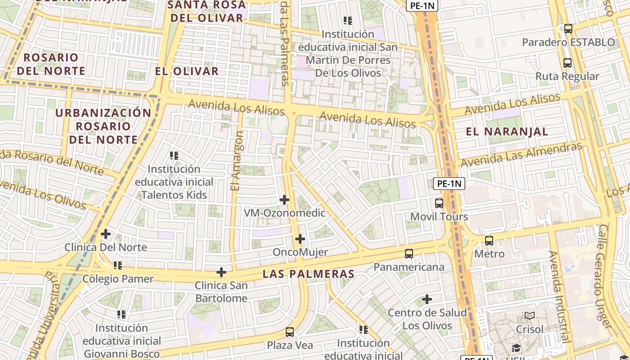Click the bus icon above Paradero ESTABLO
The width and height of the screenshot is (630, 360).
point(568,29)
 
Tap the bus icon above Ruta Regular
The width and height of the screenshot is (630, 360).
point(567,63)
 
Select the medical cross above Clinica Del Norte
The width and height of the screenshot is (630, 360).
point(106,234)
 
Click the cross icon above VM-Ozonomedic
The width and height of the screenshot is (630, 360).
point(284,199)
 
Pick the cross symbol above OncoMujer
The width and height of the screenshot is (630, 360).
point(300,239)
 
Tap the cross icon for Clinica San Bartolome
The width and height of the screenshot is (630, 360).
point(221,272)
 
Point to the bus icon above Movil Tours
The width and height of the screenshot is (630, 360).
point(439,203)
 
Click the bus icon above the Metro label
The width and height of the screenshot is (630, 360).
point(489,241)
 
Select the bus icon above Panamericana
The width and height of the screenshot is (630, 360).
point(409,254)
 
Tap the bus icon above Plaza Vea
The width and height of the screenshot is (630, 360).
point(290,332)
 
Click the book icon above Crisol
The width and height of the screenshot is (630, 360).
point(530,316)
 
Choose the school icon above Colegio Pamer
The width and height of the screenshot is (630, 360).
point(118,265)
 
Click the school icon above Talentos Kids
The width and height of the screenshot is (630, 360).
point(174,156)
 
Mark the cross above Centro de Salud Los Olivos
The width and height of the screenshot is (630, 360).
point(427,299)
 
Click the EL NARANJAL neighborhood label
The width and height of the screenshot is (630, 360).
point(507,132)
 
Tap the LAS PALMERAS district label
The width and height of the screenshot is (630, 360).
point(309,274)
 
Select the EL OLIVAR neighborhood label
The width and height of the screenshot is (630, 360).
point(187,71)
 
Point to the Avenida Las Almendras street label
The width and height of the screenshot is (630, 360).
point(521,154)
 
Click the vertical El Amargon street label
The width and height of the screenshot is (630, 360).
point(237,161)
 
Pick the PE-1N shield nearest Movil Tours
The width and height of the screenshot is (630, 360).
point(449,184)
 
